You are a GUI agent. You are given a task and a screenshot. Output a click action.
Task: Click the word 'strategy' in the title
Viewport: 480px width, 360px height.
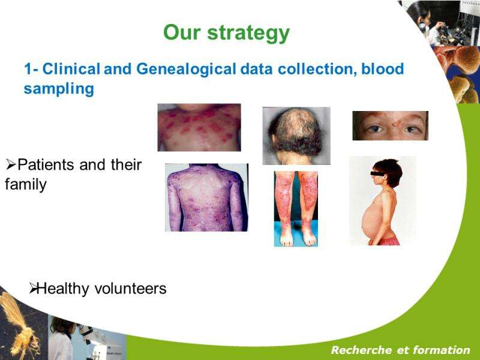point(248,34)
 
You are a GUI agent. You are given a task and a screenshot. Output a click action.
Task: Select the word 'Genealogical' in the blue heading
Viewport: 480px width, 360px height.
point(186,68)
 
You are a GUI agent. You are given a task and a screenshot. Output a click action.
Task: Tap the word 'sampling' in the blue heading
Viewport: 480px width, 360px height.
point(59,89)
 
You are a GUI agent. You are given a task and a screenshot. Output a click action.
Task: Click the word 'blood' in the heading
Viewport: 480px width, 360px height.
point(383,68)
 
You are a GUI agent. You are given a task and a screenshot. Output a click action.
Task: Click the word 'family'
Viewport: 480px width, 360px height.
point(26,184)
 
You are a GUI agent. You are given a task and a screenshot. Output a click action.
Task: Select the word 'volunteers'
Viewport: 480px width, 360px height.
point(130,289)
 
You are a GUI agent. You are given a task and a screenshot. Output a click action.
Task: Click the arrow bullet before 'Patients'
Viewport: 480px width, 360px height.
point(11,166)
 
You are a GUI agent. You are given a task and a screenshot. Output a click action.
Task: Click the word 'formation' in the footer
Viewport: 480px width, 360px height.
point(442,350)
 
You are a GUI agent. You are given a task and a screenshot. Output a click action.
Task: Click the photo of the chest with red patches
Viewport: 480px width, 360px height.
point(199,127)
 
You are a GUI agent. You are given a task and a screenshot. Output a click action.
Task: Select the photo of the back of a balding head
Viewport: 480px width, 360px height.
point(296,136)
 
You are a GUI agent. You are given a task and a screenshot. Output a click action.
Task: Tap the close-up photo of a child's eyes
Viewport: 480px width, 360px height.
point(391,126)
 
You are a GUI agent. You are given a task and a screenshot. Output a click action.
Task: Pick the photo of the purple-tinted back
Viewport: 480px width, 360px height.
point(206,197)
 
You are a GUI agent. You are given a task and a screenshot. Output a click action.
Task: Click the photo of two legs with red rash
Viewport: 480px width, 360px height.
point(296,209)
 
